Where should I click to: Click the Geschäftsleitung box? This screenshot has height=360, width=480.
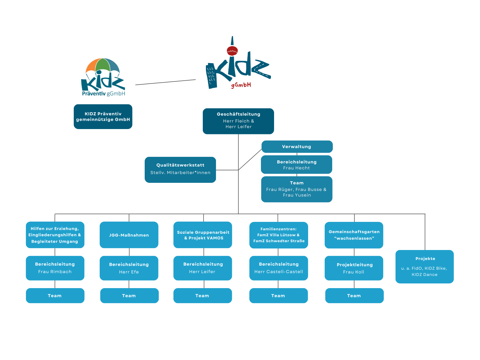[238, 121]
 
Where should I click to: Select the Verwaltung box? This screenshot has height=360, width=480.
[297, 147]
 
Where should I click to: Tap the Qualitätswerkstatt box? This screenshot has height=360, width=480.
[180, 170]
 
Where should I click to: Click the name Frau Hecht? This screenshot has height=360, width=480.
[297, 168]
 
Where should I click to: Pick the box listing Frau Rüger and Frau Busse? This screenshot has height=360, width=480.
[297, 189]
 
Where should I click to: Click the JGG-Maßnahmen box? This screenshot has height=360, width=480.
[129, 235]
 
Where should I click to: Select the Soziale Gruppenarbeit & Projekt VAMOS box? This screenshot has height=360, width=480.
[203, 235]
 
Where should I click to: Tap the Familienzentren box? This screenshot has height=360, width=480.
[279, 235]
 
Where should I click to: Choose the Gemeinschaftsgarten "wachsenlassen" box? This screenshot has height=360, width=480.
[354, 235]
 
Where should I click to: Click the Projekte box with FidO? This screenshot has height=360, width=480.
[424, 267]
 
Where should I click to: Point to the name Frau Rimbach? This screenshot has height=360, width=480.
[55, 272]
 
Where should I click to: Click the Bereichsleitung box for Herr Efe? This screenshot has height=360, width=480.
[129, 268]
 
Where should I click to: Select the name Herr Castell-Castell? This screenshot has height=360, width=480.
[279, 272]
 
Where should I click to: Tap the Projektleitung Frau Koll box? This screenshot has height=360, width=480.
[354, 268]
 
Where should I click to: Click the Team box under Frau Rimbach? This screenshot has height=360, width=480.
[55, 296]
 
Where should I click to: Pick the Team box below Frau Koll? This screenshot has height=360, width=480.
[354, 296]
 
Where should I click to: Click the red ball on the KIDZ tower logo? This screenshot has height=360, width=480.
[232, 51]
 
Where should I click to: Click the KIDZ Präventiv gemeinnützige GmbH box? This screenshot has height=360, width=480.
[103, 117]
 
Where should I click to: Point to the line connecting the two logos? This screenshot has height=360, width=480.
[166, 82]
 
